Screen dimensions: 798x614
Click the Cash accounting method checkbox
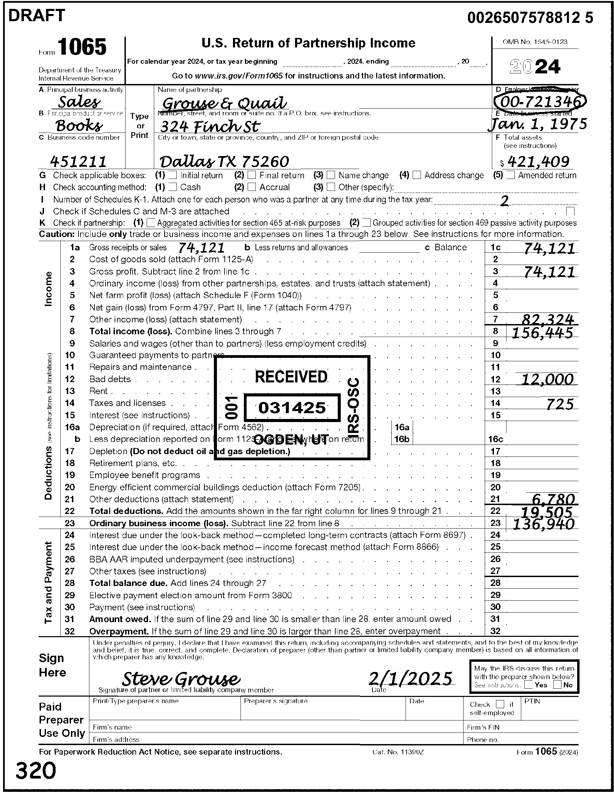(x=173, y=187)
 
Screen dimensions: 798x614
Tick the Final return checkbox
(x=252, y=175)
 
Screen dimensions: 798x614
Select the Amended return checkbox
(x=511, y=175)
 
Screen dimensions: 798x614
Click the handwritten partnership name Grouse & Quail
(x=224, y=103)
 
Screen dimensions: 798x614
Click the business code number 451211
(x=78, y=161)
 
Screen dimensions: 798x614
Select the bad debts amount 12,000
(x=547, y=380)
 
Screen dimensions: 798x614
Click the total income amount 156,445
(x=542, y=333)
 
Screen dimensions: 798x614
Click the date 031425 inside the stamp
(x=292, y=407)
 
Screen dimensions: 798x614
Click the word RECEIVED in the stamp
(x=291, y=377)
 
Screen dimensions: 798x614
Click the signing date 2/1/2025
(x=410, y=678)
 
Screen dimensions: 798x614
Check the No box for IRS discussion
(x=557, y=685)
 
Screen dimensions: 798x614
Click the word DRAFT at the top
(x=36, y=15)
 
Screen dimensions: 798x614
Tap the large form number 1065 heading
(x=82, y=47)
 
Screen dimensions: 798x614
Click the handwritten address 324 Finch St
(x=210, y=127)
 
